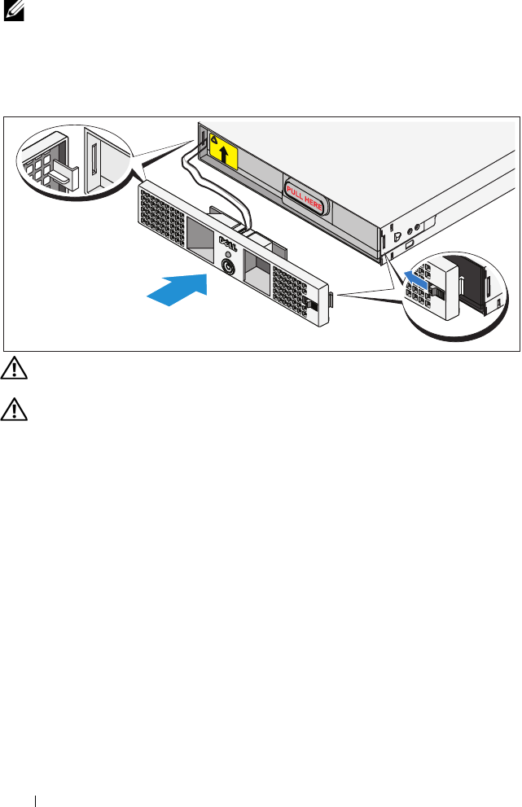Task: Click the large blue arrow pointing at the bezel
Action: point(174,290)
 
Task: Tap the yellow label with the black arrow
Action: point(222,151)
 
